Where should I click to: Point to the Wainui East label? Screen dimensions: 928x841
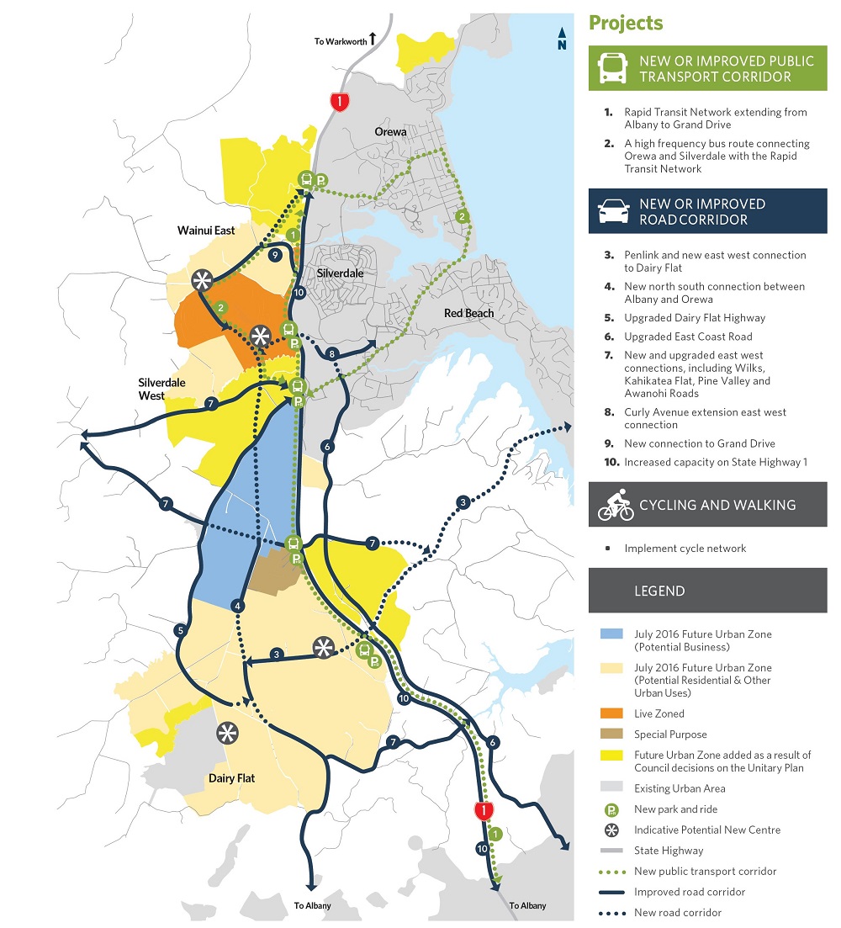coord(206,229)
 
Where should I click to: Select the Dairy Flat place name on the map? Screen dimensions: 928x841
coord(231,778)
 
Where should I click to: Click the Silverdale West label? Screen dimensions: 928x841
coord(163,388)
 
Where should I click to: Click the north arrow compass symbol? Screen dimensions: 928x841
coord(561,39)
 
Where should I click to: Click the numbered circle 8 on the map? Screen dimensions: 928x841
coord(332,353)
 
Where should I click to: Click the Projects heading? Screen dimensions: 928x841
coord(626,23)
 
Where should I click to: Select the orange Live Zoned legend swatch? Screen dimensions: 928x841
coord(611,713)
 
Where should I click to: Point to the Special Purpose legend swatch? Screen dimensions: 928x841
coord(611,734)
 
